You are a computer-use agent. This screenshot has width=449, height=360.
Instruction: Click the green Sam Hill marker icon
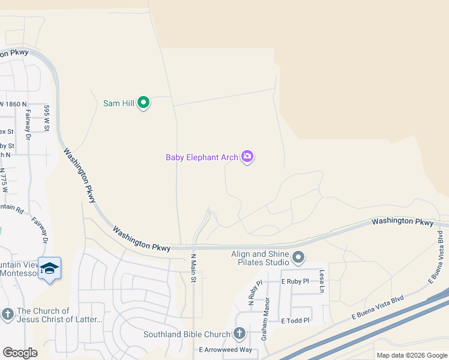[143, 103]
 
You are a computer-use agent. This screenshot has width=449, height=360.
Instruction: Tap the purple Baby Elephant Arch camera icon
[247, 157]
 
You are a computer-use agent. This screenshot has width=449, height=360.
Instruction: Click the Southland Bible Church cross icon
[239, 334]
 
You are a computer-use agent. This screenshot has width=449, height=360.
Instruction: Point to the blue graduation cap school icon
[49, 269]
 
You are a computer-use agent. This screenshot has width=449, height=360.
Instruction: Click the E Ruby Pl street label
[295, 281]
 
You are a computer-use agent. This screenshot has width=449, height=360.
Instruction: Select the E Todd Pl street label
[295, 321]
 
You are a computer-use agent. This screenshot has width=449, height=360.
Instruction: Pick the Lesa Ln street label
[322, 281]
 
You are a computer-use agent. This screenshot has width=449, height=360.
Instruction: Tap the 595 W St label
[46, 118]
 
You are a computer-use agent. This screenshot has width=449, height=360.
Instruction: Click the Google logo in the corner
[20, 352]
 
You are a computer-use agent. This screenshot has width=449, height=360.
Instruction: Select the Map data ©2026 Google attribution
[412, 355]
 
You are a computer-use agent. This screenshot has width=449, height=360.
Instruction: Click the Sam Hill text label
[119, 103]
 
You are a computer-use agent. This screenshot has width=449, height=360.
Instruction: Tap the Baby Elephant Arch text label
[202, 157]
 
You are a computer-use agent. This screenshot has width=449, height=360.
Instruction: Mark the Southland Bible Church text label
[187, 334]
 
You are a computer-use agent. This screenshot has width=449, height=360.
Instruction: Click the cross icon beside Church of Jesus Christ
[7, 314]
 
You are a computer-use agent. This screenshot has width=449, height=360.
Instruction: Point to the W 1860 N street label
[13, 104]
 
